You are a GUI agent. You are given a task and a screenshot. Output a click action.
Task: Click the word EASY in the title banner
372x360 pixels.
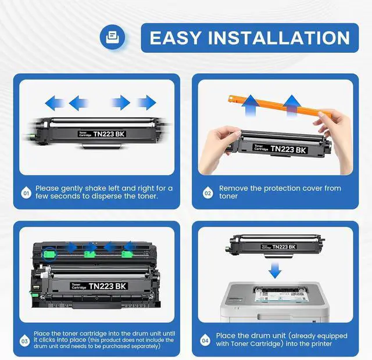(176, 38)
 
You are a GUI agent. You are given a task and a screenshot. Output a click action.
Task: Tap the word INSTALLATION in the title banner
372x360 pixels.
(279, 38)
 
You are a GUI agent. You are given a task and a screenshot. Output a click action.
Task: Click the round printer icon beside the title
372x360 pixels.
(112, 37)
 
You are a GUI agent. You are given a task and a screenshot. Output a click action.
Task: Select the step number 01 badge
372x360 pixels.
(26, 193)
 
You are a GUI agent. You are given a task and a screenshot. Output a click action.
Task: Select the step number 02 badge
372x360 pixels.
(208, 193)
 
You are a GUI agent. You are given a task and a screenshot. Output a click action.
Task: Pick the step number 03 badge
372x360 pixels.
(24, 341)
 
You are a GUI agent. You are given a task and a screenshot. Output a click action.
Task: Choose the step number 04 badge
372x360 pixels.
(205, 341)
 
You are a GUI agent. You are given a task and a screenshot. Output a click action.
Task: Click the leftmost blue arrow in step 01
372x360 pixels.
(54, 103)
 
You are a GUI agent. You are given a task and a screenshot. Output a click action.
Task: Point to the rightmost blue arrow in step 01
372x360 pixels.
(146, 103)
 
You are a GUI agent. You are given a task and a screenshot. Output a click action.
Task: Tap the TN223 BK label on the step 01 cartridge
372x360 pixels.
(102, 134)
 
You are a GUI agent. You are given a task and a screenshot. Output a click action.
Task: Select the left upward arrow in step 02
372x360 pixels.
(251, 106)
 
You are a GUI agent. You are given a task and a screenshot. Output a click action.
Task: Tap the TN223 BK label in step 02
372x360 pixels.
(280, 149)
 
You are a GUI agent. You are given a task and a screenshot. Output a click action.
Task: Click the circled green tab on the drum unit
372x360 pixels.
(49, 254)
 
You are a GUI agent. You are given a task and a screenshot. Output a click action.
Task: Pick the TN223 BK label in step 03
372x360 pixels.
(99, 286)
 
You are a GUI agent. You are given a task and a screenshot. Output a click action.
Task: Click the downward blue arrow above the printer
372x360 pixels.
(275, 270)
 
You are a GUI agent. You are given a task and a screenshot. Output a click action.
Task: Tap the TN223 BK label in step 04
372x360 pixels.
(278, 247)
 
